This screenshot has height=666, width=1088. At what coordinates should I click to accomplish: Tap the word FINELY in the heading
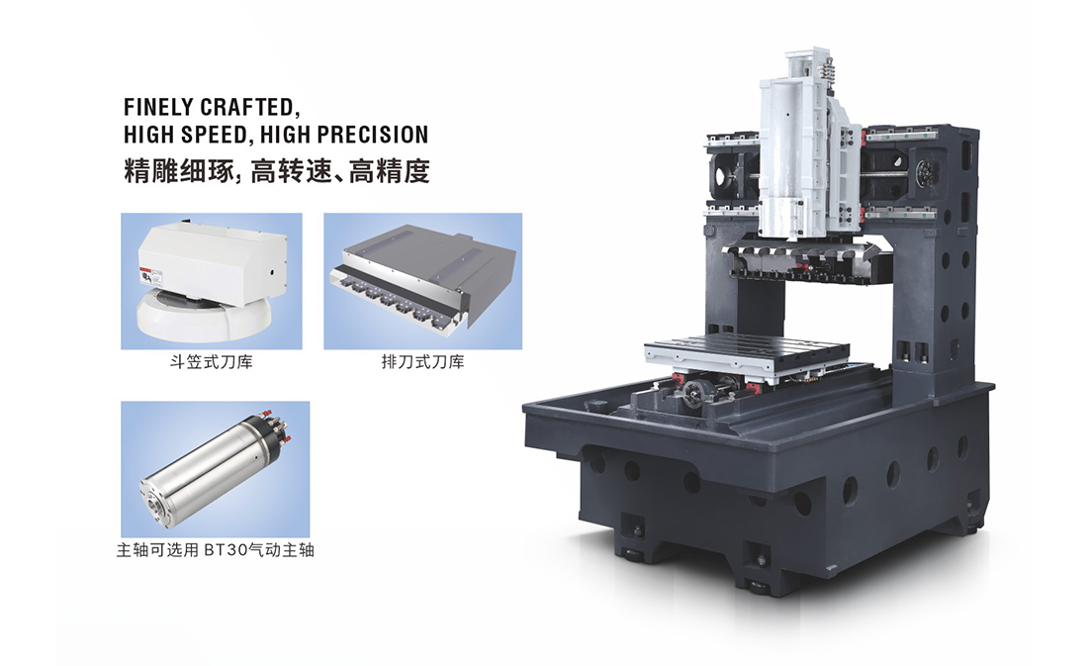(x=158, y=107)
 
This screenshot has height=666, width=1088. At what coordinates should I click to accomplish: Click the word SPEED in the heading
(x=215, y=134)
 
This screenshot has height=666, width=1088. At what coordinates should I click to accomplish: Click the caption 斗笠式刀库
(x=211, y=362)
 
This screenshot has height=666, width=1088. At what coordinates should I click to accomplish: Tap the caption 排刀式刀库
(x=422, y=362)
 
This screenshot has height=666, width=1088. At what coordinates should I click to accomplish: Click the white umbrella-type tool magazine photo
(x=212, y=281)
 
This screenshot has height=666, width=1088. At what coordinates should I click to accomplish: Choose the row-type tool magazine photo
(x=422, y=281)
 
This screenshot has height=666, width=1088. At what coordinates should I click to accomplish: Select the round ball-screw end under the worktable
(x=694, y=397)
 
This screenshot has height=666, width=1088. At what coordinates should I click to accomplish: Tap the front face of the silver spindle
(x=155, y=497)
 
